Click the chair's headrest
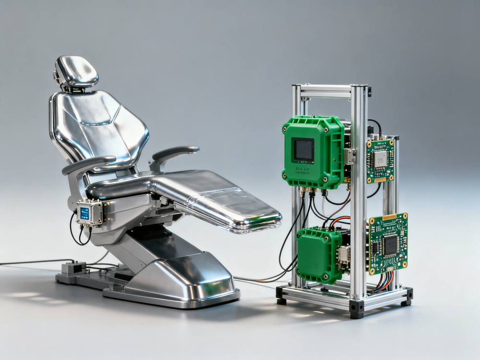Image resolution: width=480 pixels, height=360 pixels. point(77,71)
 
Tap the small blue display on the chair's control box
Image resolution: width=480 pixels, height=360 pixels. point(84,214)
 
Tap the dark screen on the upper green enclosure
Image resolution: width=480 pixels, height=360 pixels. point(304,150)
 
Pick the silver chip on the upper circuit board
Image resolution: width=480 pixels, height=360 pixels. point(381,159)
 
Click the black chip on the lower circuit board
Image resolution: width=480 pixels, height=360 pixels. point(390,245)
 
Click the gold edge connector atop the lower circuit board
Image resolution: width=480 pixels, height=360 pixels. point(389,217)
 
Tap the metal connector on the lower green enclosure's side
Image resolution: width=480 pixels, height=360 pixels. point(344,254)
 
